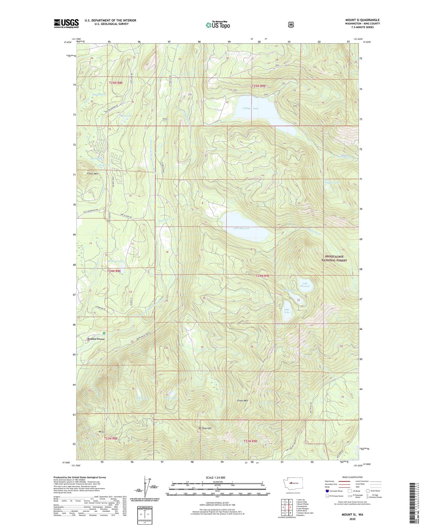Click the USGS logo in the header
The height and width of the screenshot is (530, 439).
tap(66, 23)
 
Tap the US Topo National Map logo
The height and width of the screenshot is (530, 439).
tap(218, 25)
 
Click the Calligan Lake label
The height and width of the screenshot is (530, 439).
tap(251, 108)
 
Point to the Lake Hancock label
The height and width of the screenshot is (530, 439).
tap(241, 228)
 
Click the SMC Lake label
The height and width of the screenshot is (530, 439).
tap(287, 311)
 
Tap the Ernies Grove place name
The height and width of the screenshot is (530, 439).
tap(96, 339)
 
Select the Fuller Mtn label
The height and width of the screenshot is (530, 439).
tap(92, 174)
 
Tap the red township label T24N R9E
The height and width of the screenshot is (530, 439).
tap(262, 276)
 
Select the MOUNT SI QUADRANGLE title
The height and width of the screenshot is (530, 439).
tap(362, 20)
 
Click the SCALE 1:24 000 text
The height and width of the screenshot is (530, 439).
tap(216, 477)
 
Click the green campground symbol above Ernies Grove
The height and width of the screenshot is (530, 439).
tap(104, 334)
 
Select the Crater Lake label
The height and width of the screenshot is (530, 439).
tap(140, 398)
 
